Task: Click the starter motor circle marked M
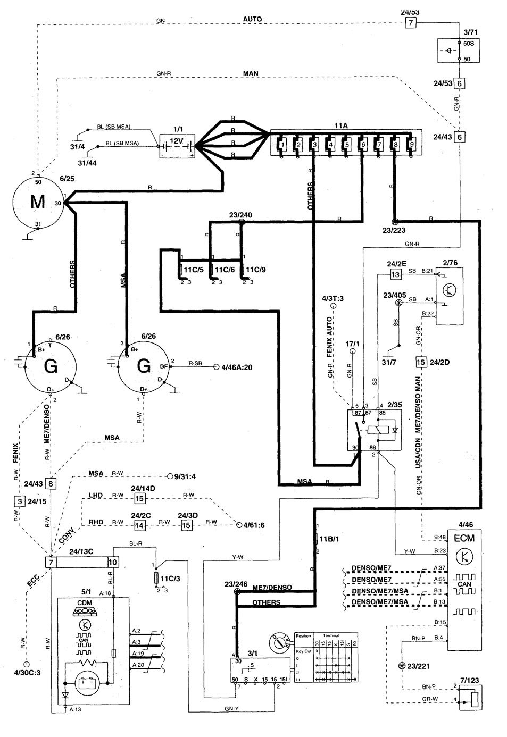coord(37,202)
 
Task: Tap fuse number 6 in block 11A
coord(363,144)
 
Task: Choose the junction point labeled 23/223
coord(394,221)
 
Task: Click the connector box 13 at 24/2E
coord(395,274)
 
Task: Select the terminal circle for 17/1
coord(351,351)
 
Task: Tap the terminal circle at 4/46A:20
coord(217,367)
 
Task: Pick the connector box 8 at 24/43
coord(51,483)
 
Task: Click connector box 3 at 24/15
coord(20,501)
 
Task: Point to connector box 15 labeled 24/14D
coord(139,499)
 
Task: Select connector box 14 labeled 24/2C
coord(139,525)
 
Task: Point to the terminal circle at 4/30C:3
coord(26,664)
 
